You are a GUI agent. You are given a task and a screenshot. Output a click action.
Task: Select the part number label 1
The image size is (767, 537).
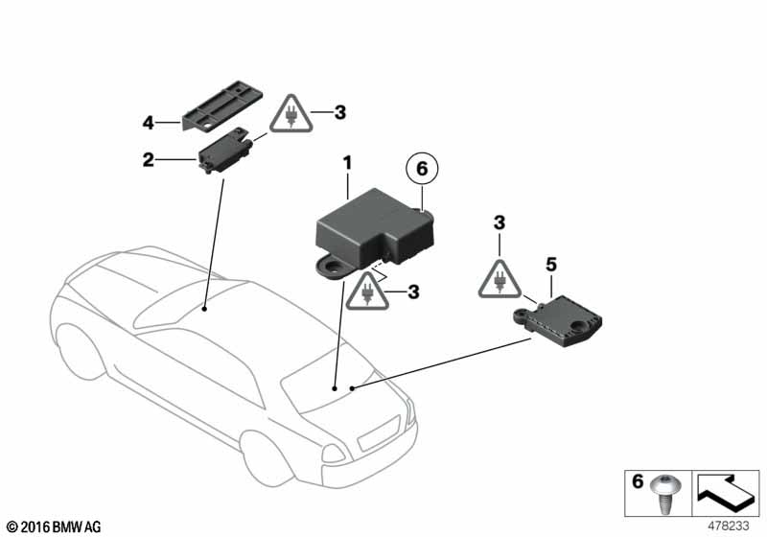tap(349, 164)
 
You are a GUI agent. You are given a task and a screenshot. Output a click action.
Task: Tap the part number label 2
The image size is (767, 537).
tap(148, 160)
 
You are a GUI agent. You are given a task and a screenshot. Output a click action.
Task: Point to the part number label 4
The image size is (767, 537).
tap(148, 123)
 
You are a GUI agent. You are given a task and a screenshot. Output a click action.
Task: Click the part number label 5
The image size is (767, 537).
tap(550, 262)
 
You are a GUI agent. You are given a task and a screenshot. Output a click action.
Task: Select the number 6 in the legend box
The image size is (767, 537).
tap(637, 481)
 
